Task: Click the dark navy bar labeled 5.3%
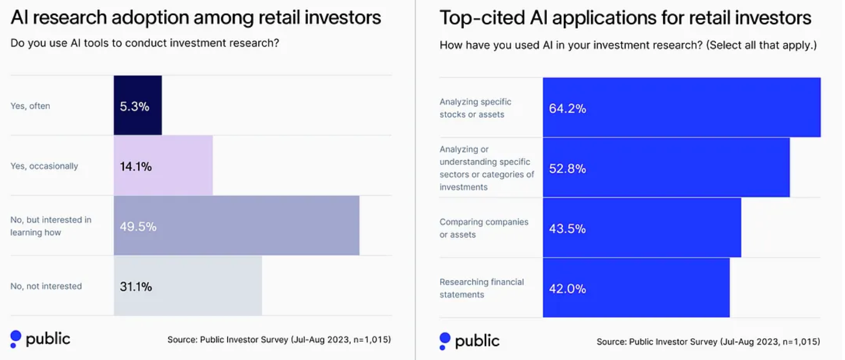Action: coord(138,105)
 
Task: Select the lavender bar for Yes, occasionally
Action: coord(163,166)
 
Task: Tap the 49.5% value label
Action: coord(138,227)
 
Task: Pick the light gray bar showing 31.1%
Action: coord(188,286)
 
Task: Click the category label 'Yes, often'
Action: coord(30,106)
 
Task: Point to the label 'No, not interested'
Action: coord(46,286)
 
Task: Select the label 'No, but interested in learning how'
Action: coord(50,226)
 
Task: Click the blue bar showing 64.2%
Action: coord(681,108)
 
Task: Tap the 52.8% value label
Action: coord(567,169)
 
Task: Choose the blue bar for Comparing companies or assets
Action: coord(642,228)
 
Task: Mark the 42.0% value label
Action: coord(567,289)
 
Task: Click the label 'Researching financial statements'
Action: coord(481,288)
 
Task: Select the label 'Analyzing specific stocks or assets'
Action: coord(475,108)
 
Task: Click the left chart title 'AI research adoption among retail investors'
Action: coord(196,18)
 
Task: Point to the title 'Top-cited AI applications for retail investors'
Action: coord(625,18)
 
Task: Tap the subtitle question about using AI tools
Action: coord(145,43)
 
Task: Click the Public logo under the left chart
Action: coord(40,339)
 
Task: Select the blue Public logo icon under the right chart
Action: coord(445,341)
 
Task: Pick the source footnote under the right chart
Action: coord(708,342)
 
